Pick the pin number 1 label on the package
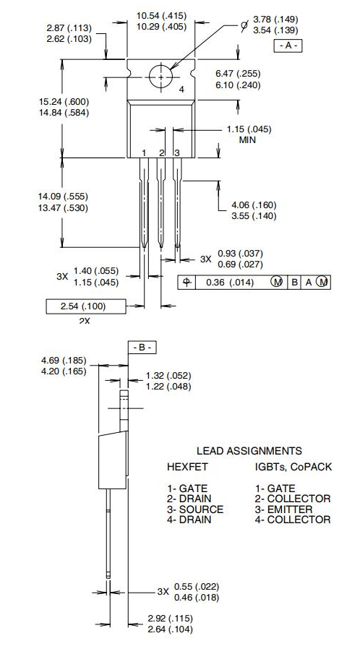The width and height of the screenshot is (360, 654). (145, 152)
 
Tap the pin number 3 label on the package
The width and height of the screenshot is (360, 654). (176, 152)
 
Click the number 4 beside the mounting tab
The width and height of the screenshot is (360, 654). (181, 89)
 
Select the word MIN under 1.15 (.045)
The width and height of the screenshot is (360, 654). (248, 140)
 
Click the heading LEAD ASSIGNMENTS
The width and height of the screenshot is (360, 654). (249, 451)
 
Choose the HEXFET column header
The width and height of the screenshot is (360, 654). (187, 467)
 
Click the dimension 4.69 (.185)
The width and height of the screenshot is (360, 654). (64, 360)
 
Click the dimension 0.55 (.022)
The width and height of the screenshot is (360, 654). (197, 586)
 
